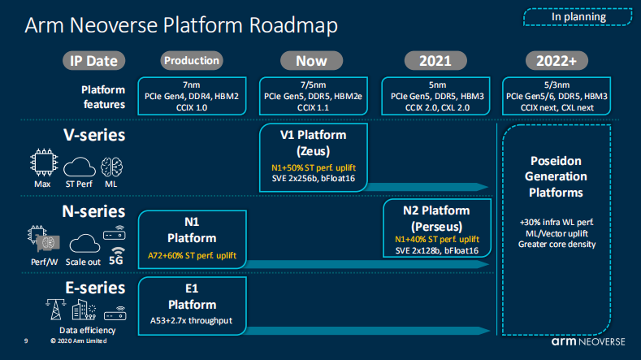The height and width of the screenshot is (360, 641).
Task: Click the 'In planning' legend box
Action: click(x=578, y=17)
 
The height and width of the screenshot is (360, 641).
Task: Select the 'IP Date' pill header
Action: click(x=93, y=61)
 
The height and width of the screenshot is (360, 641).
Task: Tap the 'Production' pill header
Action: click(x=192, y=61)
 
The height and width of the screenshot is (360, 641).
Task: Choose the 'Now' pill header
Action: click(x=311, y=61)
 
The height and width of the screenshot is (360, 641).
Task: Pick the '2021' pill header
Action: click(x=435, y=61)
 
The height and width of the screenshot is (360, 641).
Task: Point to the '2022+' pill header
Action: click(x=557, y=61)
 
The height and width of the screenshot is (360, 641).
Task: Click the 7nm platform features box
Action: click(x=192, y=96)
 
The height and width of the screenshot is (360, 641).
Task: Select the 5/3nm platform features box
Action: click(x=557, y=96)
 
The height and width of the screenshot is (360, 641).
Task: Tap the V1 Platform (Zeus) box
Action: click(x=314, y=158)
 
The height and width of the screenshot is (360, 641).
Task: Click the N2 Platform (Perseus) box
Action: click(x=437, y=228)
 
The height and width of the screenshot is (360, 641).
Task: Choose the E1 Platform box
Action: click(x=192, y=306)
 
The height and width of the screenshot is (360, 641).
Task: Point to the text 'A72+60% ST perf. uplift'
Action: click(x=192, y=256)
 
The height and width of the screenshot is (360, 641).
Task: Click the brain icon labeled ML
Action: click(x=111, y=167)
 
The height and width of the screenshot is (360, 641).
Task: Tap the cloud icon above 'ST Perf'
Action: click(x=80, y=167)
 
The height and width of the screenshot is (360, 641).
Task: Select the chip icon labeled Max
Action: click(x=44, y=163)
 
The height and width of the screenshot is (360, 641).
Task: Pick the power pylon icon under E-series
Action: click(x=55, y=310)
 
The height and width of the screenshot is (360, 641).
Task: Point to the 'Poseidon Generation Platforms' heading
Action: click(x=556, y=176)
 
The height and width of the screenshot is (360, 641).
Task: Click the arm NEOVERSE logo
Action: click(x=588, y=341)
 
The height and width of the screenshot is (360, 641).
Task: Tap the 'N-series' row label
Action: click(x=93, y=211)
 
